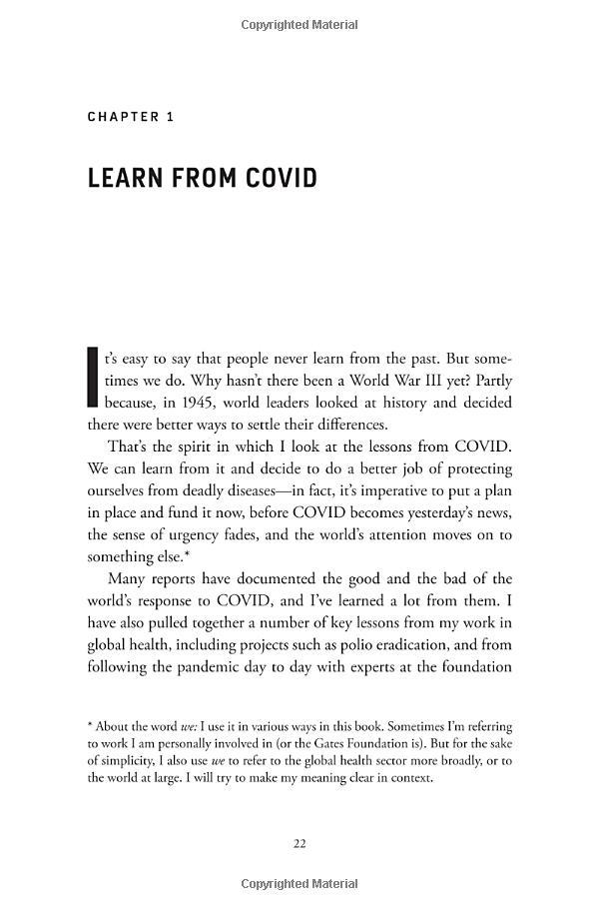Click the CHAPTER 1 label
131,117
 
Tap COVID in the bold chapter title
277,179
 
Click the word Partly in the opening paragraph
490,381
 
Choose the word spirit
180,447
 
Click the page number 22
299,844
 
